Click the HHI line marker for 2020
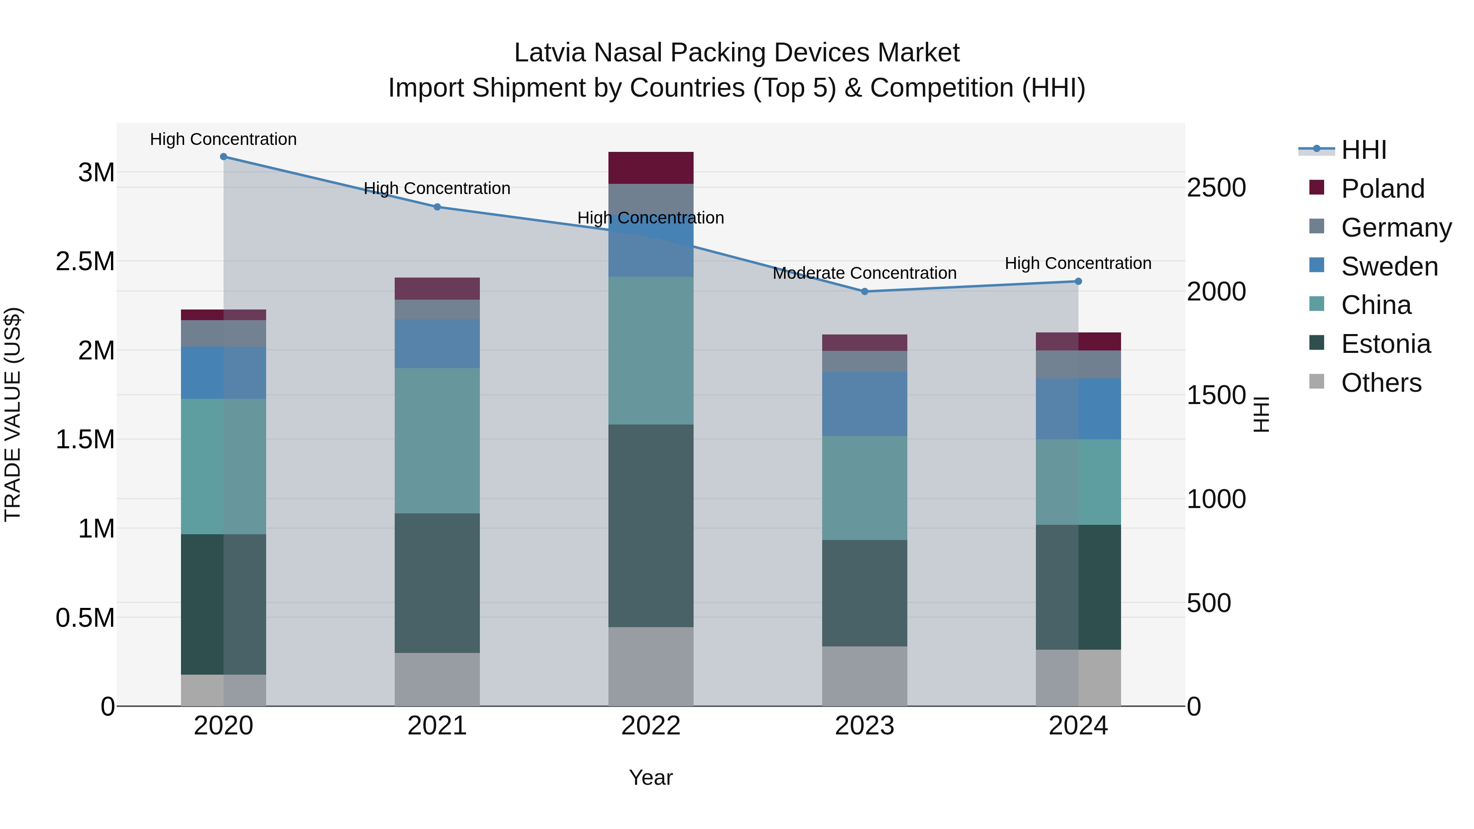[x=224, y=157]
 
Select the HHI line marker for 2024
[x=1078, y=282]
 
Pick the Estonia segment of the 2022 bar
[x=651, y=525]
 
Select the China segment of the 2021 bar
[x=437, y=440]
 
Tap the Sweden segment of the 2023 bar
[x=865, y=404]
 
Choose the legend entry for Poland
[x=1382, y=189]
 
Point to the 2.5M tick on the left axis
[x=85, y=262]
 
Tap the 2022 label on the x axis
[x=651, y=726]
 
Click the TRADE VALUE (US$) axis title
[x=13, y=414]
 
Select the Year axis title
[x=651, y=777]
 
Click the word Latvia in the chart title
[x=549, y=53]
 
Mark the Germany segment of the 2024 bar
[x=1078, y=364]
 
